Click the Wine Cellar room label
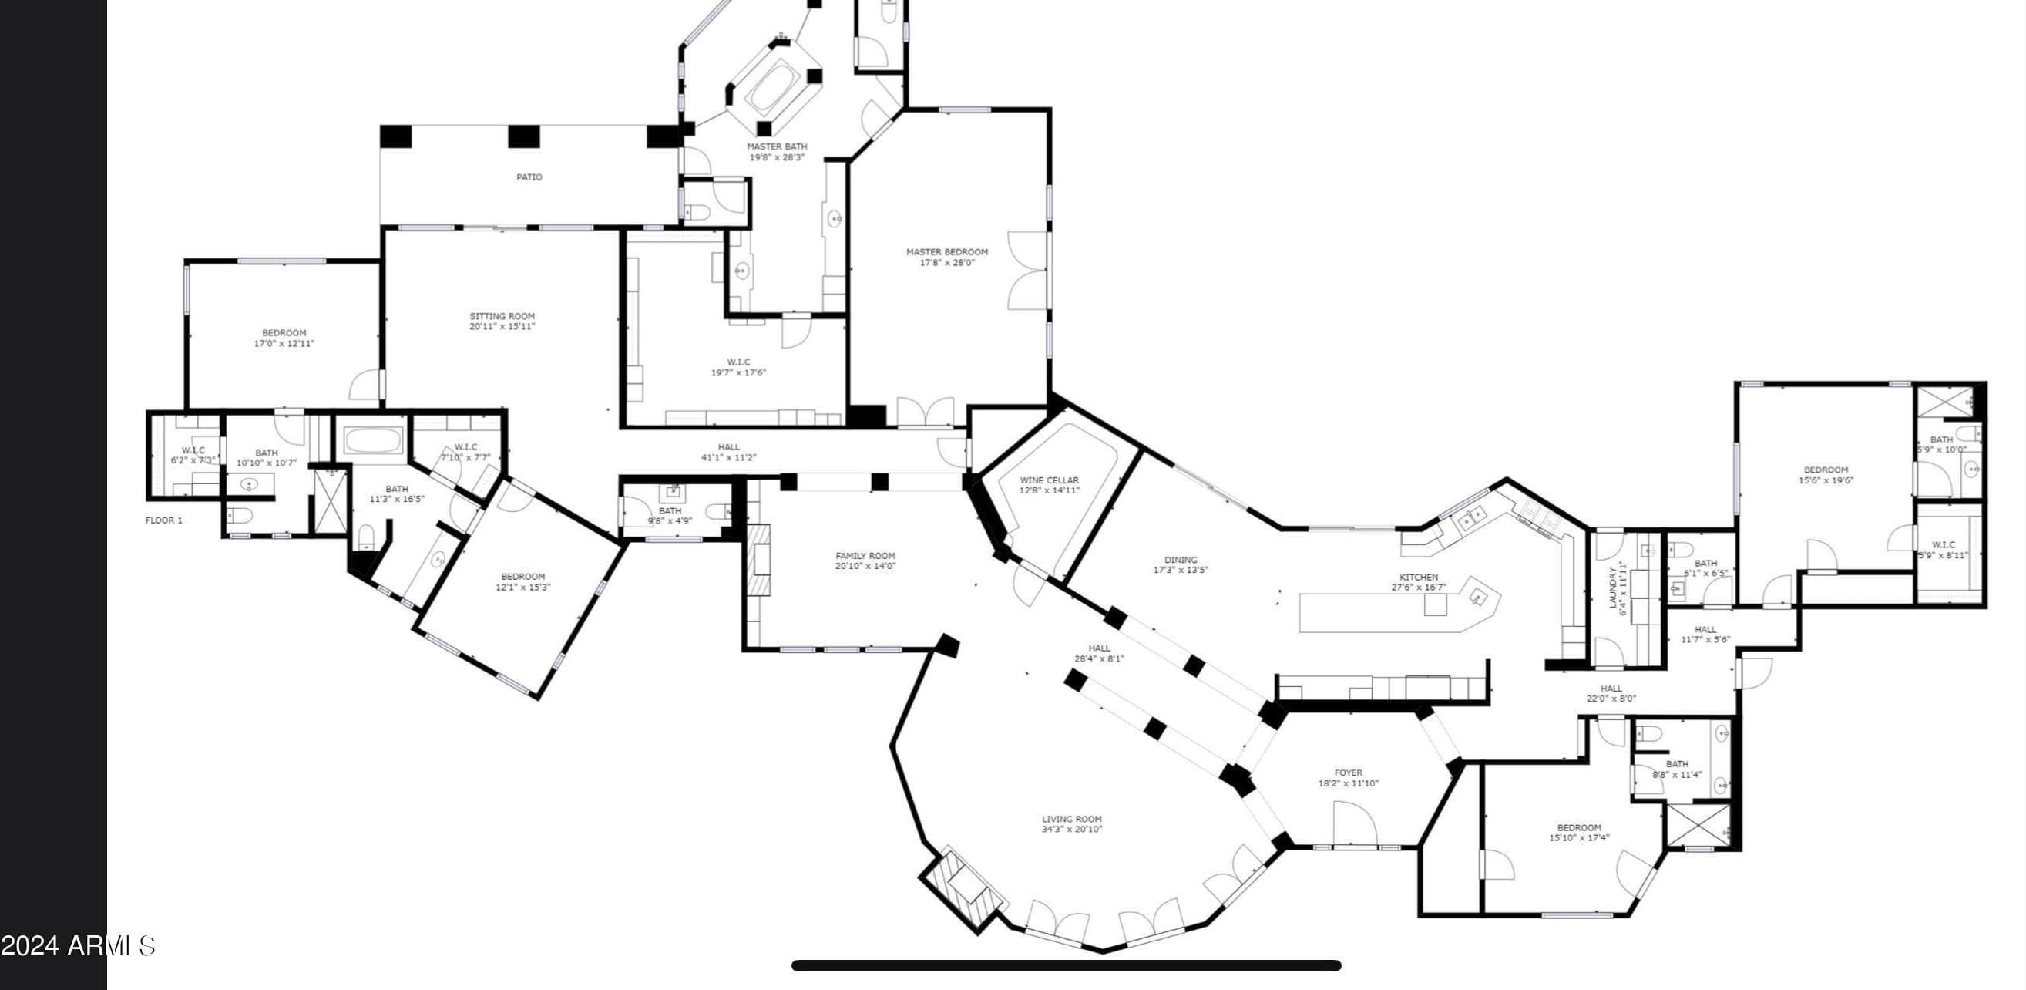click(x=1049, y=480)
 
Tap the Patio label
click(x=529, y=177)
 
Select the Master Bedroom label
click(x=947, y=252)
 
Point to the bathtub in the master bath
click(x=773, y=87)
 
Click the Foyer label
click(x=1348, y=773)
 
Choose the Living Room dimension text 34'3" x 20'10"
click(x=1072, y=830)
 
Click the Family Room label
click(x=865, y=556)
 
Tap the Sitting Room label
click(x=502, y=316)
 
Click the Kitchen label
click(x=1419, y=577)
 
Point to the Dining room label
click(x=1181, y=560)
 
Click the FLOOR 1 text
click(x=163, y=520)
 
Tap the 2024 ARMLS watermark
click(x=78, y=945)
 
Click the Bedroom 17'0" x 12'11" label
click(x=284, y=333)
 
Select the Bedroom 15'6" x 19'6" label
click(x=1826, y=470)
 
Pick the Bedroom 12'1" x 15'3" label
click(x=523, y=576)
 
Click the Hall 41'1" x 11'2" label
click(x=728, y=447)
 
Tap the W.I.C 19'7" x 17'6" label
click(x=738, y=362)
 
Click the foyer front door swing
click(x=1354, y=824)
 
